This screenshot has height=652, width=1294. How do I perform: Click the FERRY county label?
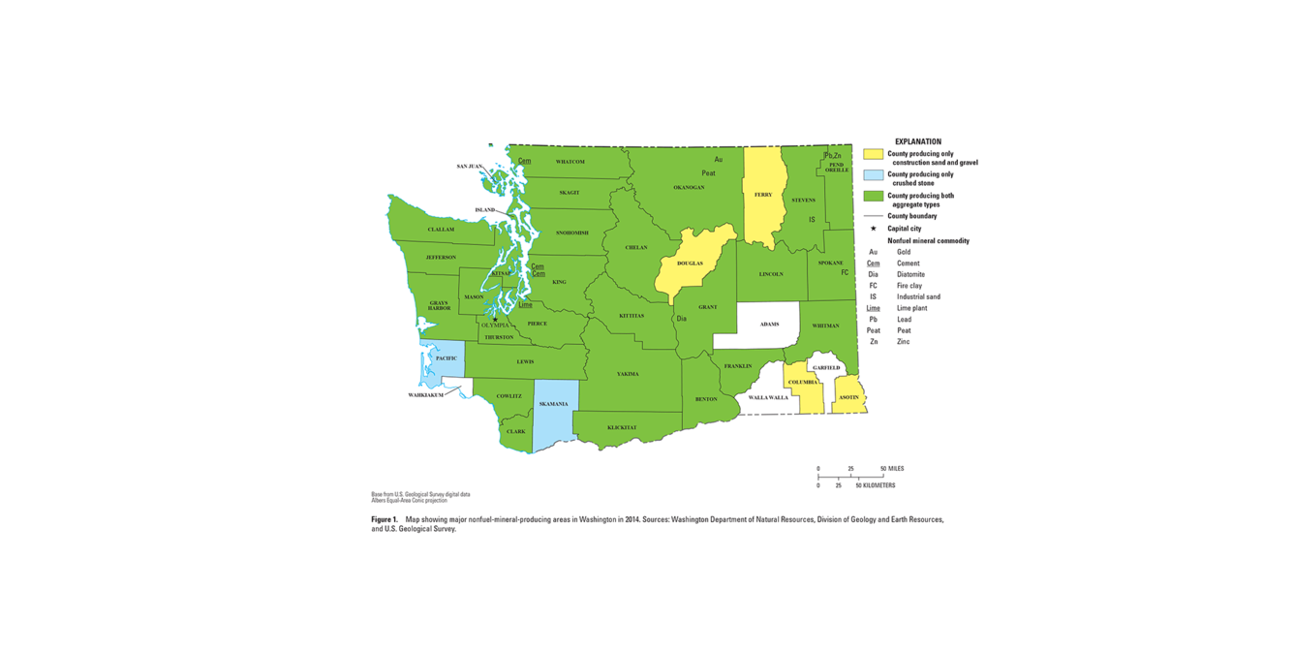click(763, 195)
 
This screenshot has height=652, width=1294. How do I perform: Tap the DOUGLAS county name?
click(690, 264)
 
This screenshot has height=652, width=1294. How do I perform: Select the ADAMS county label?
click(769, 325)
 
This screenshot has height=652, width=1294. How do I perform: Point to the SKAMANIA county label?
click(554, 404)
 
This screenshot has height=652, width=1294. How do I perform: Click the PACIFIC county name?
click(446, 358)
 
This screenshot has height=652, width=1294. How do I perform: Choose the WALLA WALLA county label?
click(767, 397)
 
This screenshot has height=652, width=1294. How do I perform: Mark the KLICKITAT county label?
click(622, 427)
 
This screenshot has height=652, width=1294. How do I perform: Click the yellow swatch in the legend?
click(873, 154)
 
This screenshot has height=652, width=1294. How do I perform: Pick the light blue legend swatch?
click(873, 175)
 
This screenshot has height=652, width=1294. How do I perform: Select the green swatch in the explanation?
click(873, 196)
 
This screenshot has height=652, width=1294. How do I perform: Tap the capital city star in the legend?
click(873, 229)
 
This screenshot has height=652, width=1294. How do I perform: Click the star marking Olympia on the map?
click(495, 319)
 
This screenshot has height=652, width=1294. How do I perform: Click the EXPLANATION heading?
click(917, 141)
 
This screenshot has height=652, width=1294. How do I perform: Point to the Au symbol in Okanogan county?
click(718, 159)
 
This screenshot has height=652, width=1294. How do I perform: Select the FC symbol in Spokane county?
click(845, 273)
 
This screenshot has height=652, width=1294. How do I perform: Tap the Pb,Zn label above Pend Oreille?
click(832, 155)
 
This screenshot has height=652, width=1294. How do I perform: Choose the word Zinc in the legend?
click(905, 342)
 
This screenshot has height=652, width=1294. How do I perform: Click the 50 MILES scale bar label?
click(891, 469)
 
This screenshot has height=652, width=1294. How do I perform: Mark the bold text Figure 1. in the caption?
click(385, 520)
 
